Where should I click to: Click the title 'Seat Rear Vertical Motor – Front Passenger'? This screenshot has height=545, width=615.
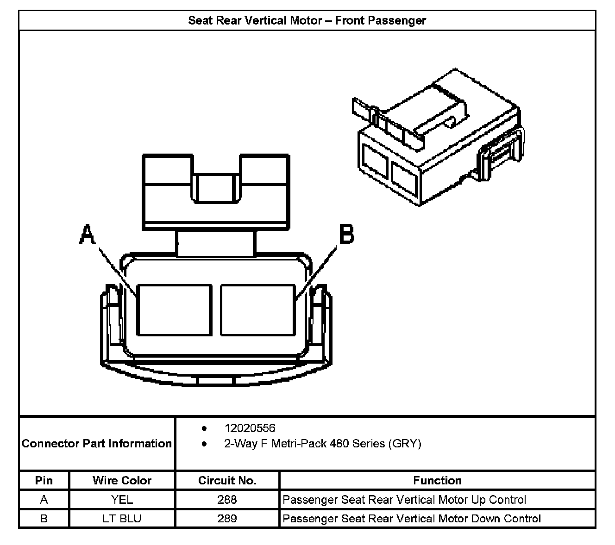pos(307,20)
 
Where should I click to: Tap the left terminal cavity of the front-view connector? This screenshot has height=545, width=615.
pos(174,310)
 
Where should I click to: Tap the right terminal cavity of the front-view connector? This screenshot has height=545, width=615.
pos(257,310)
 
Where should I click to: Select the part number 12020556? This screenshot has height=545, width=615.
pos(250,428)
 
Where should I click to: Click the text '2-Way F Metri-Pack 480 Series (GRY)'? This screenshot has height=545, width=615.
pos(322,444)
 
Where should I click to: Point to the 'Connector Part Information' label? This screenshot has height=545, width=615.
pos(97,444)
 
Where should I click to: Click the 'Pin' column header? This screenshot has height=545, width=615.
pos(44,480)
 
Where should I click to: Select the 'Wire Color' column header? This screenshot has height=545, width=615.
pos(122,480)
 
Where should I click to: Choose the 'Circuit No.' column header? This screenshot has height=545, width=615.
pos(227,480)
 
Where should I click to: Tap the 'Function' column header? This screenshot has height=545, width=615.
pos(437,480)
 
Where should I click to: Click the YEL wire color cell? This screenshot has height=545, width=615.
pos(122,500)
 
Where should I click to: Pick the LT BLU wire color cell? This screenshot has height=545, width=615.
pos(122,519)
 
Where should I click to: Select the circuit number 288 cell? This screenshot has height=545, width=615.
pos(227,500)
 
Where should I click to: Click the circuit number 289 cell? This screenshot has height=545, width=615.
pos(227,519)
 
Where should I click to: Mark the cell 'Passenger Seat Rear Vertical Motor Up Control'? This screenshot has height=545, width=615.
pos(404,500)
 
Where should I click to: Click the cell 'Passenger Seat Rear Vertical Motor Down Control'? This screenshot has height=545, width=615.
pos(411,519)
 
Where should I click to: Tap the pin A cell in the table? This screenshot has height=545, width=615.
pos(44,500)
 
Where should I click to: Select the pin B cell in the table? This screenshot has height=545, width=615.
pos(44,519)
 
